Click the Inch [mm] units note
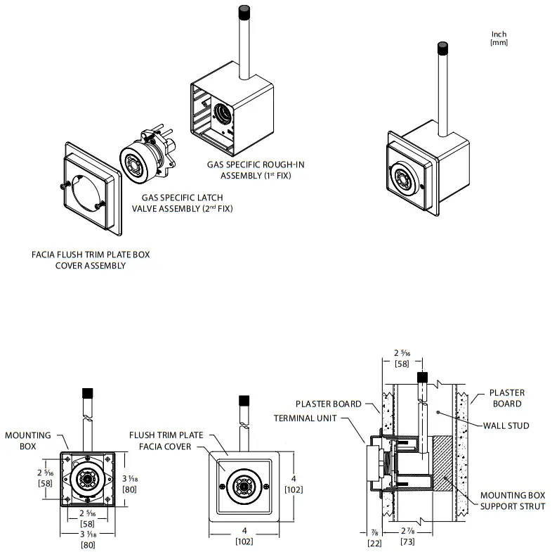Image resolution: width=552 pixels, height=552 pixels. tap(499, 39)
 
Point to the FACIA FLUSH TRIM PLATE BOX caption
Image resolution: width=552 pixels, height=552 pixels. tap(91, 260)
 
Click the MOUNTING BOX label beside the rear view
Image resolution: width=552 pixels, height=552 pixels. tap(28, 440)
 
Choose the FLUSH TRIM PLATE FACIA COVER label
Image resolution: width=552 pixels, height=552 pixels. tap(166, 440)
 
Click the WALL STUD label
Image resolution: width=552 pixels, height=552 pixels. tap(506, 425)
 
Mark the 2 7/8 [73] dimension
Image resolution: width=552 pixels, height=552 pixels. tap(408, 539)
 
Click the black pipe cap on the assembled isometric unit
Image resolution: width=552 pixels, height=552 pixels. tap(443, 50)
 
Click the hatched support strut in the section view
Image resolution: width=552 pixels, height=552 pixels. tap(438, 464)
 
